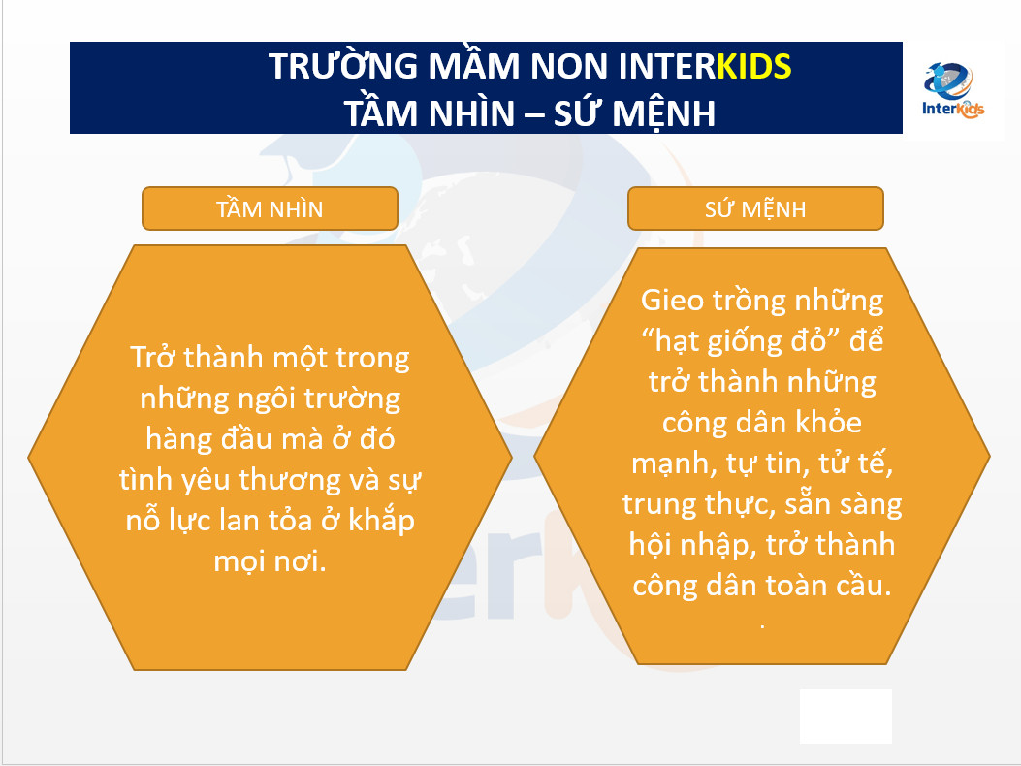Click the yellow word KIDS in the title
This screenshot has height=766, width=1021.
[754, 67]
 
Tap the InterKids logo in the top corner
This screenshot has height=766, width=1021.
[953, 90]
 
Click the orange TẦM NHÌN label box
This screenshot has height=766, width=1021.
[270, 209]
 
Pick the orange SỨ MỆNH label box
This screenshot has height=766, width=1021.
[755, 209]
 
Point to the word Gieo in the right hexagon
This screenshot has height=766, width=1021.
[673, 301]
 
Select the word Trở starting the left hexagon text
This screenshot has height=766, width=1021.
[154, 357]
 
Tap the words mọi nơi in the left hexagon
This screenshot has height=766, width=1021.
[271, 560]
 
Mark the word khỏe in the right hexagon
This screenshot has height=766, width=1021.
[830, 423]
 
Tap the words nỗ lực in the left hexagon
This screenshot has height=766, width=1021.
[169, 521]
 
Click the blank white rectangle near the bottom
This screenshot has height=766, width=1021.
[846, 717]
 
